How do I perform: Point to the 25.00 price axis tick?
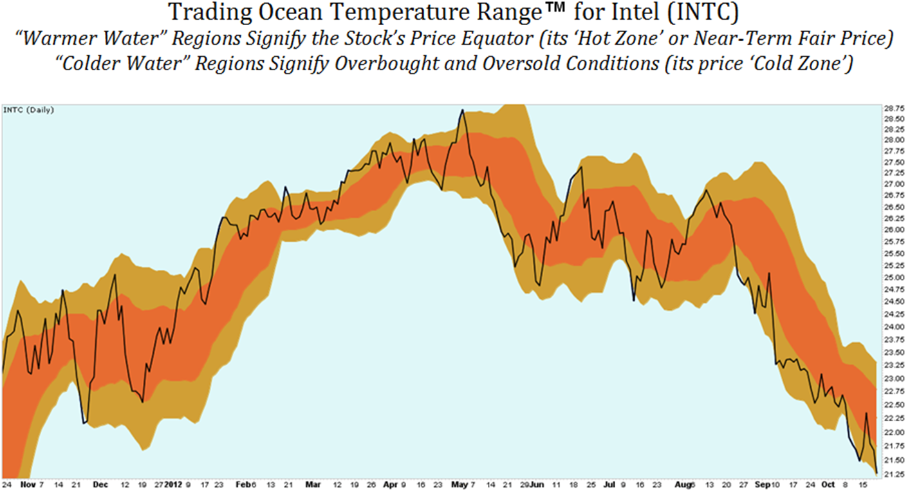pos(891,278)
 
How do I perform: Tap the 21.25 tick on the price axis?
pos(891,474)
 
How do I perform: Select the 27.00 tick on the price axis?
pos(891,184)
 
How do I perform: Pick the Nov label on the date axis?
pos(26,484)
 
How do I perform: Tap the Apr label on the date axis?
pos(389,484)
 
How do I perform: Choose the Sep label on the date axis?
pos(762,484)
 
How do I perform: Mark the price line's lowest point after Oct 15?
pos(876,471)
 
